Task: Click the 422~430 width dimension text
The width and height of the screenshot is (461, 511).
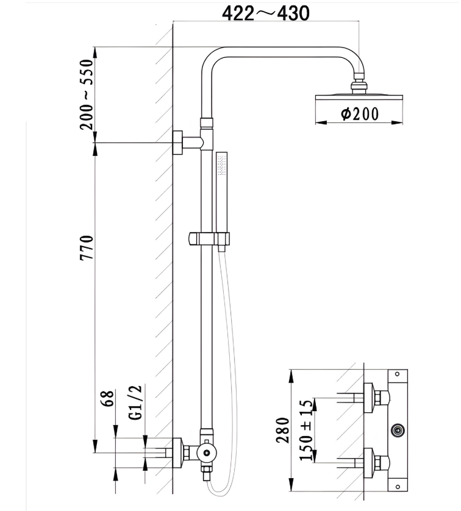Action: coord(265,12)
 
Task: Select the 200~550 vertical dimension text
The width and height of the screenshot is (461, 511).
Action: coord(87,94)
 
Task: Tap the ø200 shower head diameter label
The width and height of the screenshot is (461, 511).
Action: coord(360,114)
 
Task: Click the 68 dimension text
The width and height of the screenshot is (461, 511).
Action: coord(108,400)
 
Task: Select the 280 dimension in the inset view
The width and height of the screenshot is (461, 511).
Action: coord(282,430)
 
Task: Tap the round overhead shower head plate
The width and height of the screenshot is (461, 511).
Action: coord(359,97)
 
